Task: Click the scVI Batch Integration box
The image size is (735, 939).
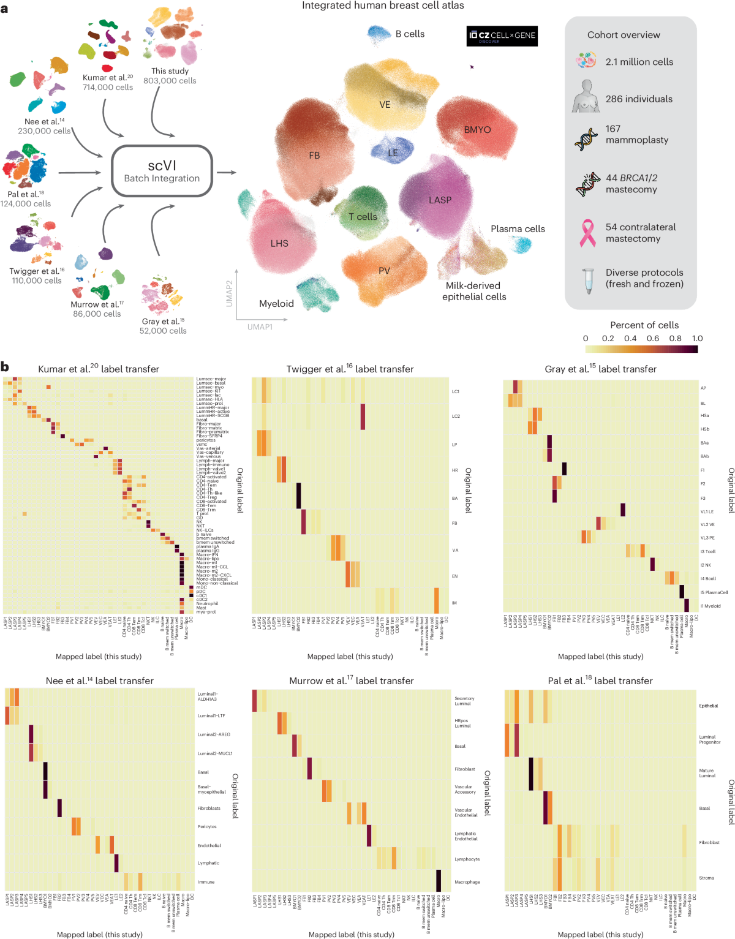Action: pyautogui.click(x=162, y=171)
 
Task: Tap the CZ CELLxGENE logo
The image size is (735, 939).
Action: pyautogui.click(x=502, y=36)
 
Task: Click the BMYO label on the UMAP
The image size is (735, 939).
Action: pyautogui.click(x=477, y=130)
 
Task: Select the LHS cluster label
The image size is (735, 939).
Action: pyautogui.click(x=279, y=243)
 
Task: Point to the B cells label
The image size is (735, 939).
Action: pyautogui.click(x=409, y=34)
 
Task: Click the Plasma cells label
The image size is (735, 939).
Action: pyautogui.click(x=518, y=228)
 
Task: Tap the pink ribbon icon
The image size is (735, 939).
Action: pyautogui.click(x=587, y=233)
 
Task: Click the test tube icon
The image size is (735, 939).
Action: pyautogui.click(x=588, y=280)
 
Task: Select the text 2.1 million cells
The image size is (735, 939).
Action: pyautogui.click(x=639, y=62)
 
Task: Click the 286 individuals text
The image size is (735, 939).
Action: pyautogui.click(x=639, y=99)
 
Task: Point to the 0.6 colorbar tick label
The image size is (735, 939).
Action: pyautogui.click(x=653, y=338)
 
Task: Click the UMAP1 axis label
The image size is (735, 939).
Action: pyautogui.click(x=260, y=327)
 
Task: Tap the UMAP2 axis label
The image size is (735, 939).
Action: pyautogui.click(x=230, y=293)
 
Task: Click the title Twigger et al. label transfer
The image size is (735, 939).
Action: pyautogui.click(x=350, y=369)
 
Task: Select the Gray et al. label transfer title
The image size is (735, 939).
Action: pyautogui.click(x=600, y=369)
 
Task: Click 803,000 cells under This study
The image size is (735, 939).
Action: pyautogui.click(x=170, y=81)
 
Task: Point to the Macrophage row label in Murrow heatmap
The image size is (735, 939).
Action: pyautogui.click(x=467, y=882)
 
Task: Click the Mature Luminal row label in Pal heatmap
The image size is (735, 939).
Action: pyautogui.click(x=707, y=773)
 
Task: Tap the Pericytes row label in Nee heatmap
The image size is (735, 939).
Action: pyautogui.click(x=207, y=826)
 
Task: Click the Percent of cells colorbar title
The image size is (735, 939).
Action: pyautogui.click(x=644, y=325)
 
